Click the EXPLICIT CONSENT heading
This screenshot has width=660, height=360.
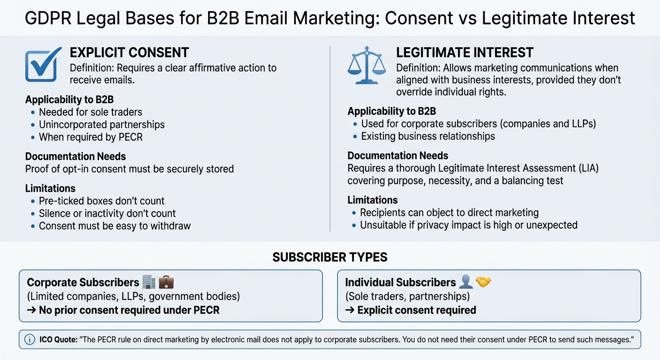[129, 52]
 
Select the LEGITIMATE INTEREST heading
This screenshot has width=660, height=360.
[465, 52]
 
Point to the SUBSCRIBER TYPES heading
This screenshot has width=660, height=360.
[330, 257]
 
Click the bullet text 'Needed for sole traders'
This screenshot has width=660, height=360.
[90, 112]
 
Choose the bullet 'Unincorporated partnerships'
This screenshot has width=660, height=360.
[102, 125]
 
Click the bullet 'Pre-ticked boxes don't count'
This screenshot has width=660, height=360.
[102, 201]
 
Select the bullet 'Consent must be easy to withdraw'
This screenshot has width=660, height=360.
[115, 226]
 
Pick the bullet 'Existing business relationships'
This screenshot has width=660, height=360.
[428, 136]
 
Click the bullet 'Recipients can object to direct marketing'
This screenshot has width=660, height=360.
[449, 213]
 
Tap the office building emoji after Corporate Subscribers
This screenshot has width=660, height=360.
[149, 282]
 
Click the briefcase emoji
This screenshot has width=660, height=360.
[166, 282]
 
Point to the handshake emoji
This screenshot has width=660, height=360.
[483, 282]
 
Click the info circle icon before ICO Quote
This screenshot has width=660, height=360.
[30, 339]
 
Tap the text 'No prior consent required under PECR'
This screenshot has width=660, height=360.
[129, 310]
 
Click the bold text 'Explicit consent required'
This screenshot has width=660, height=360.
[416, 310]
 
